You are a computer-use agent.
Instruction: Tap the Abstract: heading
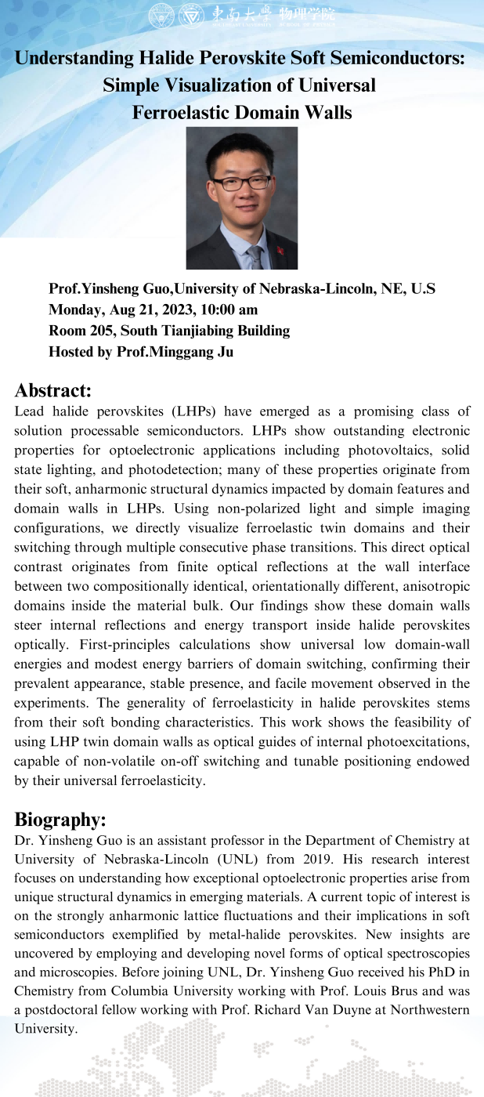pos(53,390)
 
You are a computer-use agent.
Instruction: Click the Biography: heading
pos(60,820)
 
